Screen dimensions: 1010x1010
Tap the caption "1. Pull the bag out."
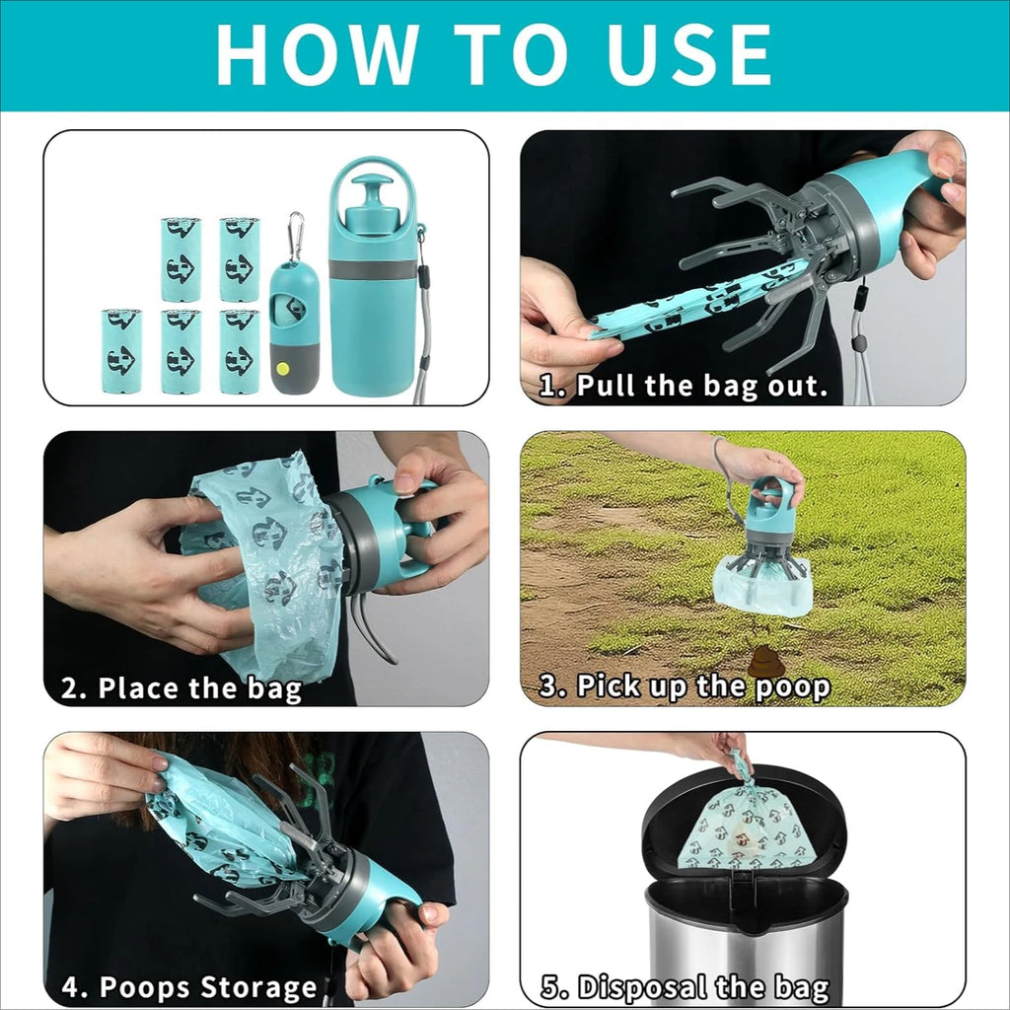(683, 386)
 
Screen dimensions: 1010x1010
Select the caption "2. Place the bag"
(180, 687)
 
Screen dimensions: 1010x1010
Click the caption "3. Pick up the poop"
(684, 686)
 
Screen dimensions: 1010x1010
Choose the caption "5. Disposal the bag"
(685, 987)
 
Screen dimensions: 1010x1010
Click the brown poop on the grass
(765, 663)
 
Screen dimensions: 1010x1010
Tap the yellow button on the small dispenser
(283, 368)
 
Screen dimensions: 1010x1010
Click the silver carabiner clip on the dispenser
(295, 236)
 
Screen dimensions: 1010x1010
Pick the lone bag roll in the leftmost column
(121, 351)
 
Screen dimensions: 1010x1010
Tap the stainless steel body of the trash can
(746, 947)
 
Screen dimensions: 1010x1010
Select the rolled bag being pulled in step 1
(690, 303)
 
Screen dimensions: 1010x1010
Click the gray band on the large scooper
(373, 268)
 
